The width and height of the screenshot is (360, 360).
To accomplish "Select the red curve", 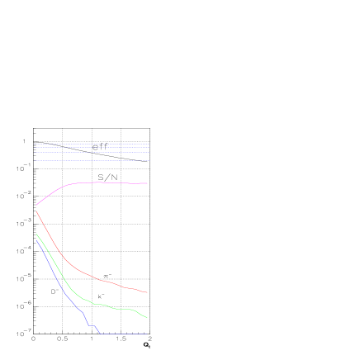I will [x=83, y=272].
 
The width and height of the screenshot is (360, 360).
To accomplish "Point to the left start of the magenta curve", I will [x=36, y=205].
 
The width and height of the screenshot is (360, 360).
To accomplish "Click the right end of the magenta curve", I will [x=147, y=183].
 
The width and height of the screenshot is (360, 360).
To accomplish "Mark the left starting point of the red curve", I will [x=36, y=211].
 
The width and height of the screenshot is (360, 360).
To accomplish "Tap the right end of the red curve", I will [x=147, y=292].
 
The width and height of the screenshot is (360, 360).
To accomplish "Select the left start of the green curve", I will [x=36, y=234].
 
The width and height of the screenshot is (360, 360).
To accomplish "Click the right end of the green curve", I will [x=147, y=317].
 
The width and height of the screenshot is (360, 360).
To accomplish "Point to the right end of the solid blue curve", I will [x=147, y=334].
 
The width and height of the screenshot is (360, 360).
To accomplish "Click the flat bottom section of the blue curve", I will [x=124, y=334].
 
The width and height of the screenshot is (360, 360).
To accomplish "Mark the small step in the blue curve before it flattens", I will [x=92, y=326].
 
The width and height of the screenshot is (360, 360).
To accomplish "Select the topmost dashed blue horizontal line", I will [x=91, y=144].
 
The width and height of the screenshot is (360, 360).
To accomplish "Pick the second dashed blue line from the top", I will [x=91, y=149].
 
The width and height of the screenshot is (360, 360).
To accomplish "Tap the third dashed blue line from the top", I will [x=91, y=153].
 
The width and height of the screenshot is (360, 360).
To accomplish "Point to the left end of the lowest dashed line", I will [x=36, y=161].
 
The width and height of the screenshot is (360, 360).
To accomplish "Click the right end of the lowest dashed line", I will [x=149, y=161].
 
